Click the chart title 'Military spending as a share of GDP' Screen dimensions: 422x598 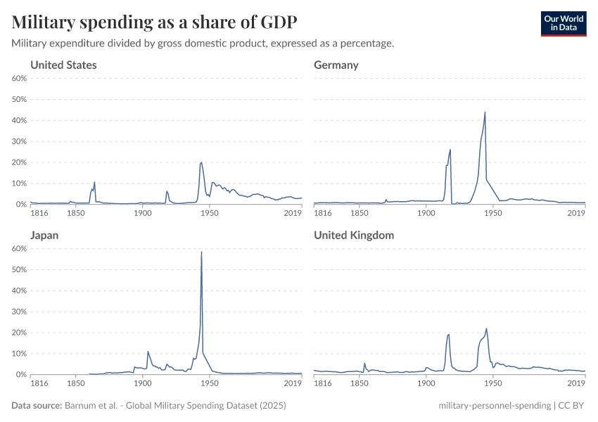(154, 23)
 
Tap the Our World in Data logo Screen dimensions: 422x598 (563, 23)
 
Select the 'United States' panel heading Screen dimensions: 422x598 (63, 65)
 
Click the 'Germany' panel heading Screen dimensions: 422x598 (336, 65)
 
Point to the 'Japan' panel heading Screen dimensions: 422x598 (44, 236)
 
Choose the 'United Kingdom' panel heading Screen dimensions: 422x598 (354, 236)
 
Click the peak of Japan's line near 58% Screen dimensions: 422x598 (201, 252)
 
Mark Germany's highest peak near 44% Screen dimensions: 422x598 (485, 112)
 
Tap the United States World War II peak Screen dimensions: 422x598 (202, 162)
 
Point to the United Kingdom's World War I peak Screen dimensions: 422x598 (449, 334)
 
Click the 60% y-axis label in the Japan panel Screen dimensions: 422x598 (20, 248)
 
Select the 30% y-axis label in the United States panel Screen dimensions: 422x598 (20, 141)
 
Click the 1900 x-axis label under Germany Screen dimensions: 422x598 (426, 213)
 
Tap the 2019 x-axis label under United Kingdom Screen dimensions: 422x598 (576, 383)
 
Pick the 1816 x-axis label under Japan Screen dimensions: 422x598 (40, 383)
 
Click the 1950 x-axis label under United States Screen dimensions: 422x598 (209, 213)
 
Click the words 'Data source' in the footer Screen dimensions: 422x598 (37, 406)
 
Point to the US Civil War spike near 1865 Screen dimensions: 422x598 (94, 182)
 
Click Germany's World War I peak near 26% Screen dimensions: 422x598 (450, 149)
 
